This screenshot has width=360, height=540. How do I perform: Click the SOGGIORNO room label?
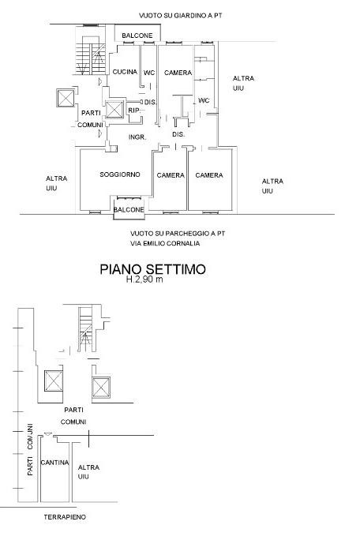click(x=120, y=174)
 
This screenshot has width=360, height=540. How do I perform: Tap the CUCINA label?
click(x=125, y=72)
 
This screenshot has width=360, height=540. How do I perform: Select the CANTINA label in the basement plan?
click(x=54, y=463)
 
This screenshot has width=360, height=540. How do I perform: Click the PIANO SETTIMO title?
click(x=152, y=269)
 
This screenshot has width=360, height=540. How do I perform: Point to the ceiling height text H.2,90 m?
click(x=144, y=279)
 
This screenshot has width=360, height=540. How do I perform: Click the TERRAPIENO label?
click(x=65, y=517)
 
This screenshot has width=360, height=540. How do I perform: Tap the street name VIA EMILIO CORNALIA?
click(x=165, y=243)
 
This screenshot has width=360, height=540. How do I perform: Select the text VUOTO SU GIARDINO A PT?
click(x=181, y=16)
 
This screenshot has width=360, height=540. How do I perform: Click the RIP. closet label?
click(x=134, y=111)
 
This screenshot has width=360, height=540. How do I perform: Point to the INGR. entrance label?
click(x=137, y=137)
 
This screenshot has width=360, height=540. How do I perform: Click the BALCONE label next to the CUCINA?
click(x=137, y=36)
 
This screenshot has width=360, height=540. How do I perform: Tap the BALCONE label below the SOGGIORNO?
click(x=129, y=209)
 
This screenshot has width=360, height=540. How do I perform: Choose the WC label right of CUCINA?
click(x=149, y=73)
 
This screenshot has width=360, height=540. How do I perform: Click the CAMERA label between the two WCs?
click(x=178, y=73)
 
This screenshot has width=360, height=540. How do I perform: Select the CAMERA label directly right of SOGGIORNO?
click(x=171, y=175)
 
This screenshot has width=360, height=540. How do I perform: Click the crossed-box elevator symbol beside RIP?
click(x=114, y=110)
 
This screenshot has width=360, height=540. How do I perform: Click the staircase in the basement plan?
click(x=85, y=329)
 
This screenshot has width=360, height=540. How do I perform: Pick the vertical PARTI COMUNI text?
click(x=30, y=450)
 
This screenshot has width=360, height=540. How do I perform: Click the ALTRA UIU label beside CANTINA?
click(x=88, y=472)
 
